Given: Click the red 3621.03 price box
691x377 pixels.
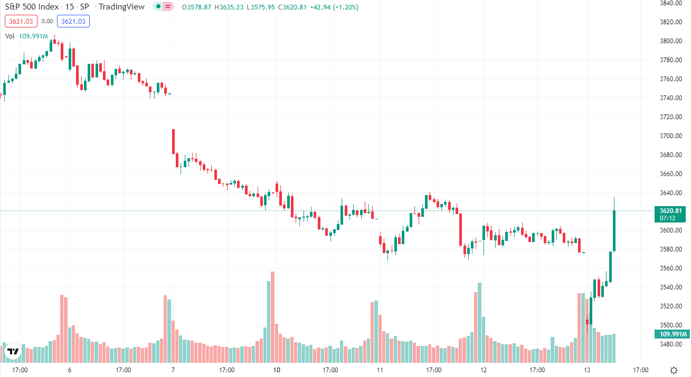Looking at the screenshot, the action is [21, 21].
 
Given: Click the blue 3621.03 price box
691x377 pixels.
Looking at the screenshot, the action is [73, 21].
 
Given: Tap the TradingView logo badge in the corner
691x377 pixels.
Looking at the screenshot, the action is [13, 351].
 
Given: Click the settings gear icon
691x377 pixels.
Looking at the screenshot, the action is [674, 370].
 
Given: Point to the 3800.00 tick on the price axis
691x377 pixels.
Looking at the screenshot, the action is [670, 41].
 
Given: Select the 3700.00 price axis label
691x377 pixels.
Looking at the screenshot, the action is [670, 136].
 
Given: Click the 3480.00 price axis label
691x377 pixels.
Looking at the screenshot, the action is [670, 344].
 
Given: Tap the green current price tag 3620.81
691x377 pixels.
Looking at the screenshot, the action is [670, 215].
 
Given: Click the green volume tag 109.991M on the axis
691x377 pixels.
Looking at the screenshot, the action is [672, 334].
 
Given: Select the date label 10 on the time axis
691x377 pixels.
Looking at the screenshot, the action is [277, 370].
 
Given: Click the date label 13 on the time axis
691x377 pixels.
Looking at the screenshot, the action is [587, 370].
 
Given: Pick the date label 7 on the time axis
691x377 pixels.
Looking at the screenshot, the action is [173, 370].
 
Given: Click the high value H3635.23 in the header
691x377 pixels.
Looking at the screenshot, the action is [229, 7].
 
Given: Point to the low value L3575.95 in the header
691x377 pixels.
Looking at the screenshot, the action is [261, 7].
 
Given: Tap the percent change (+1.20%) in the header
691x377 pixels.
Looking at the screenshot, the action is [345, 7].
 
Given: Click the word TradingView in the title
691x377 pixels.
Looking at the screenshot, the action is [121, 7].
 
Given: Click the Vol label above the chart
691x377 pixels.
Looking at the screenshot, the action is [10, 36].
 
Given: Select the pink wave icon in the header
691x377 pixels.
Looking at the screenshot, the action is [168, 6].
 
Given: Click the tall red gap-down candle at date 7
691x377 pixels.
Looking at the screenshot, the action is [173, 141].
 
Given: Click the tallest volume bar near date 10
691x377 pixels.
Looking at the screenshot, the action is [273, 317].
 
